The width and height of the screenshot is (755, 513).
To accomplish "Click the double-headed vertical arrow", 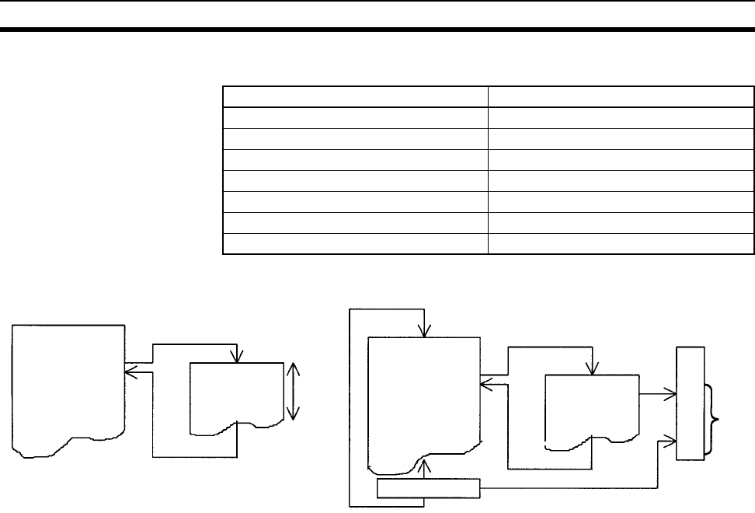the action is pyautogui.click(x=293, y=393).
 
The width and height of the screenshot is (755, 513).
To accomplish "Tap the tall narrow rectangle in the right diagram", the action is pyautogui.click(x=691, y=403).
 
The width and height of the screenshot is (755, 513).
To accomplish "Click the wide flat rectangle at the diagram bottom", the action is pyautogui.click(x=429, y=488).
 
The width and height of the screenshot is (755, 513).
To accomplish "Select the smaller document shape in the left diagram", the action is pyautogui.click(x=237, y=393).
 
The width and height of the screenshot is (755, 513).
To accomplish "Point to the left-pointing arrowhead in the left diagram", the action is pyautogui.click(x=130, y=372).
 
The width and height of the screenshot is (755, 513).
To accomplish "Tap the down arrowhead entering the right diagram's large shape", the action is pyautogui.click(x=423, y=332).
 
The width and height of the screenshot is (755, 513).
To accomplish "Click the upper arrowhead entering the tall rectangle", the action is pyautogui.click(x=670, y=394).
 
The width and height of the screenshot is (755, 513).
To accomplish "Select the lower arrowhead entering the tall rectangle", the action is pyautogui.click(x=670, y=442).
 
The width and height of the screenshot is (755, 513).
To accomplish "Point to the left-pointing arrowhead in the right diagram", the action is pyautogui.click(x=485, y=382).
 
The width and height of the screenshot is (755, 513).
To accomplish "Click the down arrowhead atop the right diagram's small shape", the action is pyautogui.click(x=594, y=368).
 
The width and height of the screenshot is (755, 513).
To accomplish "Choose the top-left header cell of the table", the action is pyautogui.click(x=355, y=96).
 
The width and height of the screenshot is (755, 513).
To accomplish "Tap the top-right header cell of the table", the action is pyautogui.click(x=621, y=96).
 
